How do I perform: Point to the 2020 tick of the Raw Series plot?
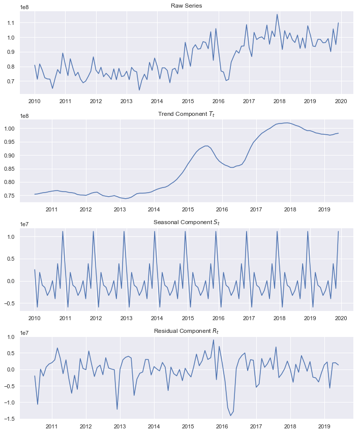(340, 101)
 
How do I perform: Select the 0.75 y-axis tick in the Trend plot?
(11, 196)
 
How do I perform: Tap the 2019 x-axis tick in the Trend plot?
(324, 209)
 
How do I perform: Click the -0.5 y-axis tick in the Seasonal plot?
(11, 303)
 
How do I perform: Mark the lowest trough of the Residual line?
(230, 416)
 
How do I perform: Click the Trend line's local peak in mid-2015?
(206, 145)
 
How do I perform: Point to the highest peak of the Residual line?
(214, 340)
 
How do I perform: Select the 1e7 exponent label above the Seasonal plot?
(25, 227)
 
